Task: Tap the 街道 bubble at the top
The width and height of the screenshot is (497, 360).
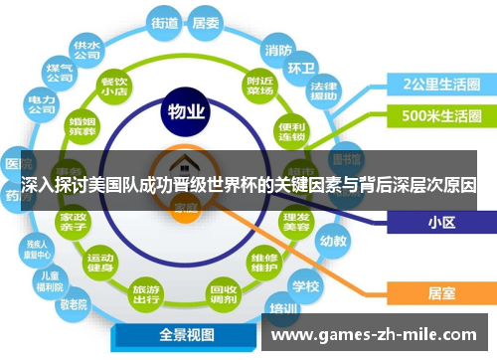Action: point(166,21)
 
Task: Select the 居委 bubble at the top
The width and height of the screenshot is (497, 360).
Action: point(206,21)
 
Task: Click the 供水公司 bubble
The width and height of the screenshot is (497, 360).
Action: point(86,50)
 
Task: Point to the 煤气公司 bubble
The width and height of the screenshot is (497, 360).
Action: point(60,72)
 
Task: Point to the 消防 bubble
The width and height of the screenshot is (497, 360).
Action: point(278,49)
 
